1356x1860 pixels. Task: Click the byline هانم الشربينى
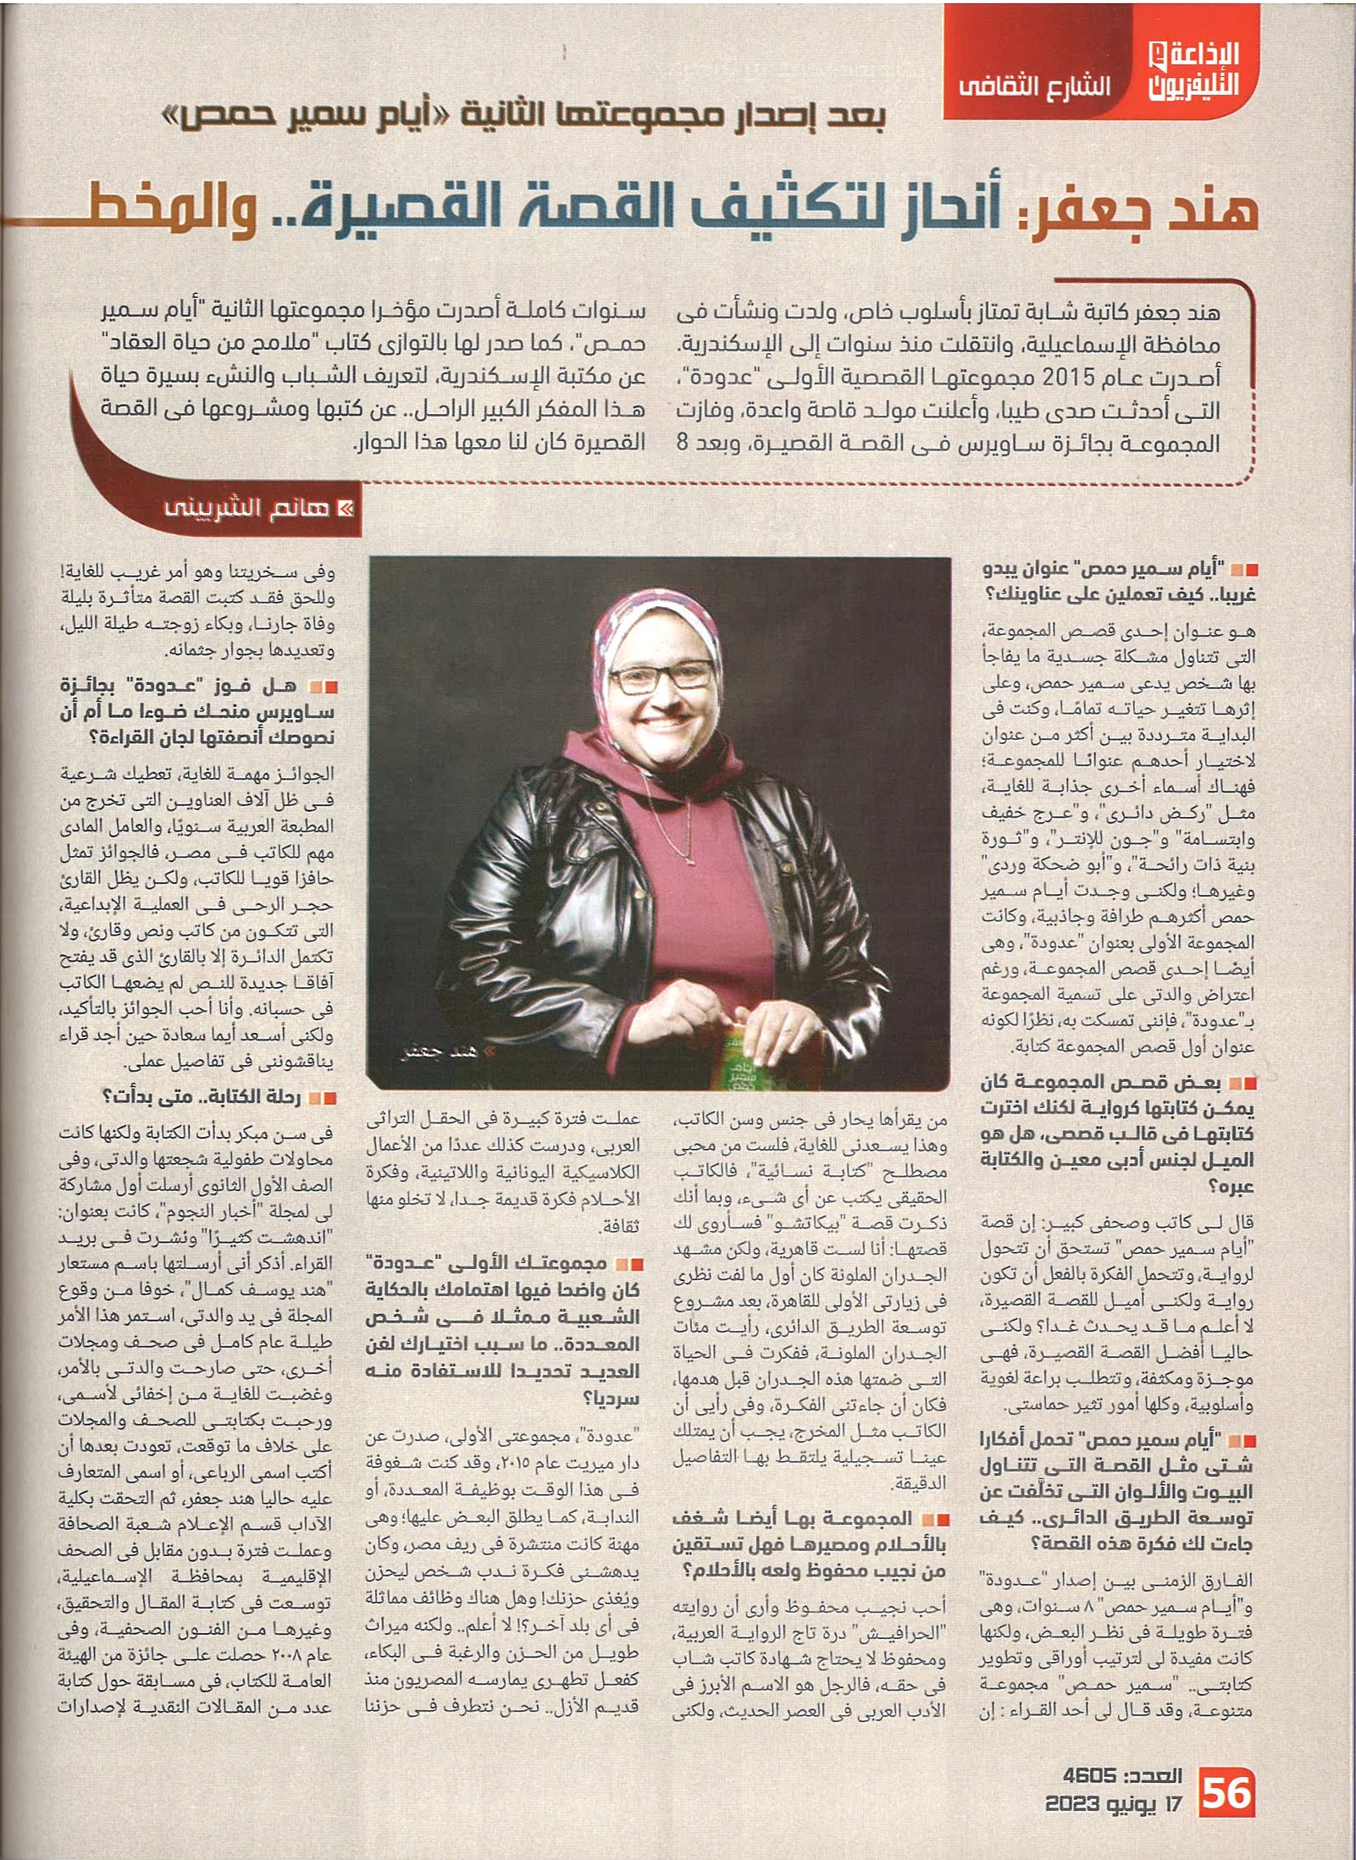coord(246,509)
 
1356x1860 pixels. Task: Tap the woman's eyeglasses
coord(661,678)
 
